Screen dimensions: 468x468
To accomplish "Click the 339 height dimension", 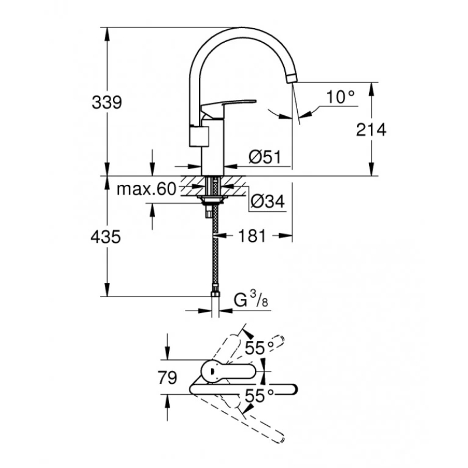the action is point(107,103).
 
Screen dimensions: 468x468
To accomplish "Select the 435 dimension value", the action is point(106,238).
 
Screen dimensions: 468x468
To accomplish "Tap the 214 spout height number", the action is point(371,130).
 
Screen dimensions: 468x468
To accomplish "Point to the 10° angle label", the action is point(340,97).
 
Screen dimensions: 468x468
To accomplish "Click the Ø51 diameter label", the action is point(265,157).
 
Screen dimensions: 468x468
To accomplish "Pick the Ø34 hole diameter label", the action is point(268,201).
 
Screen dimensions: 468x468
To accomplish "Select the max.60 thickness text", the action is point(147,189).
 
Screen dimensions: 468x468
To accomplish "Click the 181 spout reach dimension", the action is point(252,236).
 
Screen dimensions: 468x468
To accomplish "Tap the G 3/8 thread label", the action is point(251,300).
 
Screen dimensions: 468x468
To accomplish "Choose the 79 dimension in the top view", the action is point(167,378).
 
